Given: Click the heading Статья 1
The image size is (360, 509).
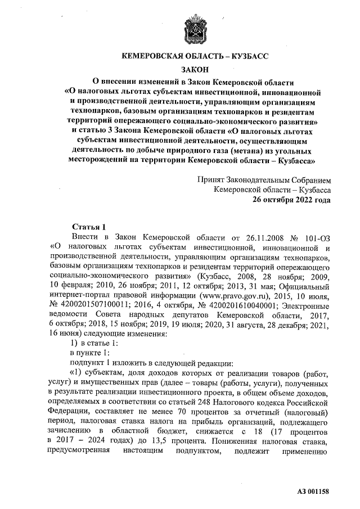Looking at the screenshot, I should click(x=89, y=227).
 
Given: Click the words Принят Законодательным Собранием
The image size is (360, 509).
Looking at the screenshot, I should click(x=264, y=180).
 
